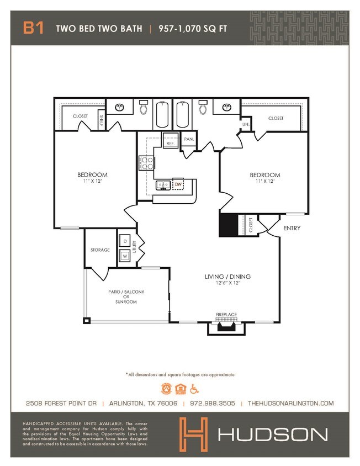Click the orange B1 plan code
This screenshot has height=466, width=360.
point(33,28)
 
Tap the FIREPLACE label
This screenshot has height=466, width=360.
point(226,315)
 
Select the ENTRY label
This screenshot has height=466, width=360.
point(292,228)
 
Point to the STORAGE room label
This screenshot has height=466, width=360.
point(100,250)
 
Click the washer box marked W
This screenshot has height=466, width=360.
point(125,256)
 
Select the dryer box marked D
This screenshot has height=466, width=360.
point(125,242)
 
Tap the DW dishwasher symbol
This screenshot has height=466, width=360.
point(178,184)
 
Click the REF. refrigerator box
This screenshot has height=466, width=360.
point(171,143)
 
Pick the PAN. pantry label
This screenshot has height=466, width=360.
point(189,140)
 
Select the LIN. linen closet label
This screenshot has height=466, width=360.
point(245,125)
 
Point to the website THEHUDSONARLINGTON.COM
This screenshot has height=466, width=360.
point(291,403)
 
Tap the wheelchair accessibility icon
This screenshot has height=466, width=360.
point(194,388)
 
